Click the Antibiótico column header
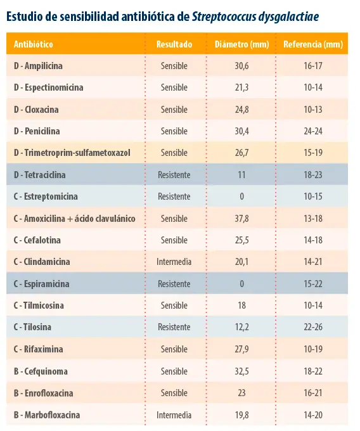33,44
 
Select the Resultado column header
174,44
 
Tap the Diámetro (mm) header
242,44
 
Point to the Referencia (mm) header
313,44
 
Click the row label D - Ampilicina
38,66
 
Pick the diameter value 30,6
241,66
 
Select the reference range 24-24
313,131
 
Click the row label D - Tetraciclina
39,175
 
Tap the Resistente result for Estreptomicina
174,196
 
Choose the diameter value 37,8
241,219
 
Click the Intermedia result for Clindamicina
174,262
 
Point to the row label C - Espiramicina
41,284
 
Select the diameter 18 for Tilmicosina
242,306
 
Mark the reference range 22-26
313,327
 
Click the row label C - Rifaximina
39,349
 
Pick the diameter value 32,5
241,371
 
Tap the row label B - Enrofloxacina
44,393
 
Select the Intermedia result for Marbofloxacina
174,415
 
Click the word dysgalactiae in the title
288,17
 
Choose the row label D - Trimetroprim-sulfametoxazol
72,153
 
